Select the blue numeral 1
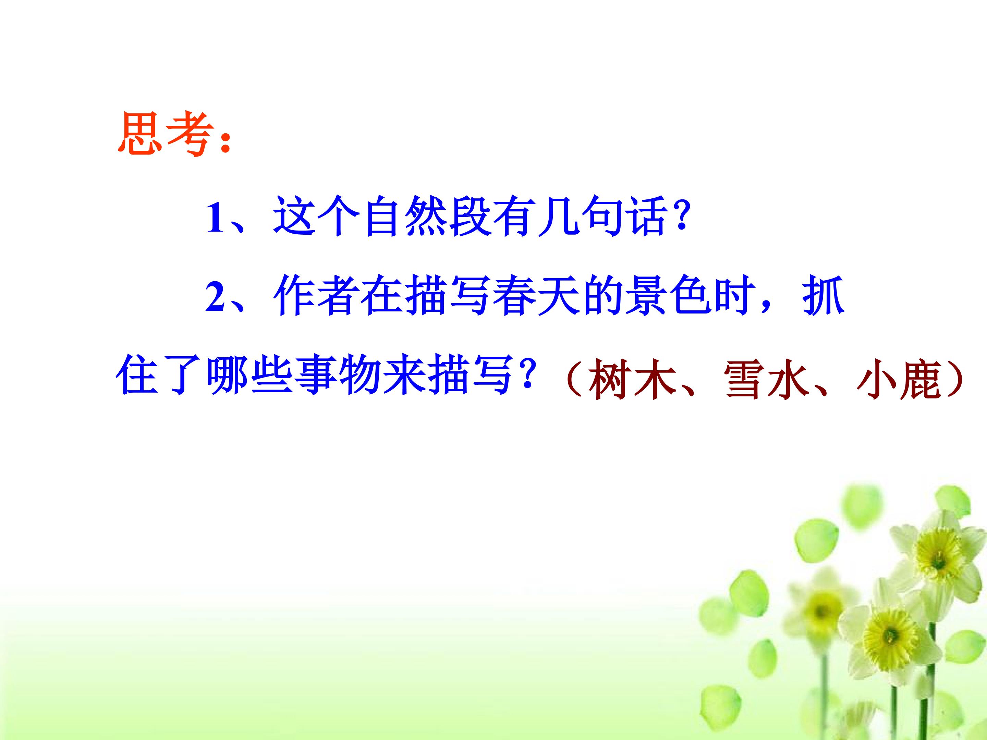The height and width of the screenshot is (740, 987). [215, 218]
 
